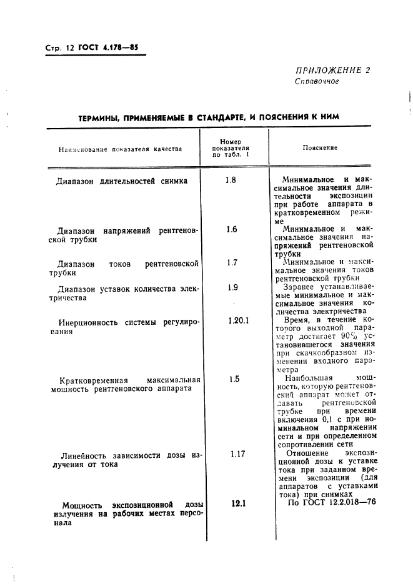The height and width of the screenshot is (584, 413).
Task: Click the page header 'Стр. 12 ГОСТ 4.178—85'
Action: (x=92, y=49)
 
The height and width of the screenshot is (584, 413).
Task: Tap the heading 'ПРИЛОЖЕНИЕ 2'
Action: (x=332, y=71)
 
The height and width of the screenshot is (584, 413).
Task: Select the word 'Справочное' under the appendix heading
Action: (x=317, y=81)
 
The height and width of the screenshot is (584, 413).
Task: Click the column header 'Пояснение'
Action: (x=320, y=148)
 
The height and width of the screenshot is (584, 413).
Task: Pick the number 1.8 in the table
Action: (x=231, y=181)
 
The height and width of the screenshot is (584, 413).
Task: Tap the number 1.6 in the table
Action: (x=232, y=229)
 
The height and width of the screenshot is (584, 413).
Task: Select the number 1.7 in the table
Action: (x=232, y=262)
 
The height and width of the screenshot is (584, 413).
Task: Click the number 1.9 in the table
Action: (x=232, y=287)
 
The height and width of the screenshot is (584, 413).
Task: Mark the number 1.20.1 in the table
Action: (x=238, y=320)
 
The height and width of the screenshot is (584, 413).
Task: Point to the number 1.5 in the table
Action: (x=234, y=379)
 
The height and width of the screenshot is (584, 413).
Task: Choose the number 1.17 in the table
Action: (x=236, y=454)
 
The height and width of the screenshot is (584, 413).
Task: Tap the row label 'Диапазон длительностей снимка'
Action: (x=122, y=182)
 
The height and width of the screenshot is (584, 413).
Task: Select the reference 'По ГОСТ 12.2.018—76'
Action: (x=327, y=503)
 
